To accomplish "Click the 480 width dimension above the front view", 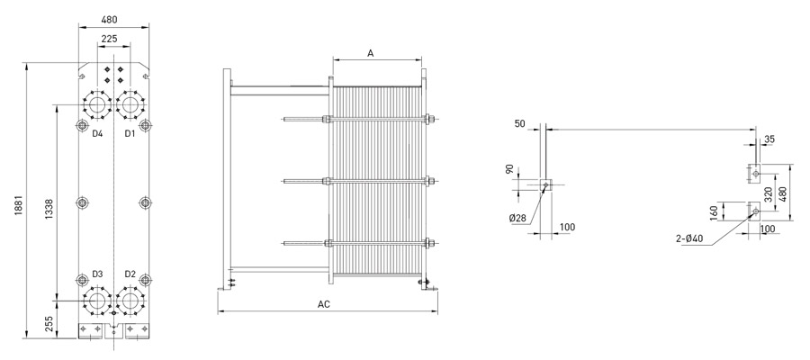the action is pos(109,20).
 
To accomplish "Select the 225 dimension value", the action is pos(110,39).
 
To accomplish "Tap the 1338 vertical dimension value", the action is pos(49,210).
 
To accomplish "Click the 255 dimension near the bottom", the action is pos(49,324).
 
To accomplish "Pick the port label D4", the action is pos(97,134).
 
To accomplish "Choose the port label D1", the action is pos(130,134).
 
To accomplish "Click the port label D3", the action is pos(97,274).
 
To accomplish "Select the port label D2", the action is pos(130,274).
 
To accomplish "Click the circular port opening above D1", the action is pos(130,104).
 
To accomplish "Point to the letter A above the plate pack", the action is pos(370,53).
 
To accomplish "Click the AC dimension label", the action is pos(324,304).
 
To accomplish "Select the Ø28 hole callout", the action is pos(517,218).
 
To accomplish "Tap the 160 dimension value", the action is pos(713,211).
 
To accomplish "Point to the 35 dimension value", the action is pos(769,139).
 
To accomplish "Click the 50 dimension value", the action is pos(519,123).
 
